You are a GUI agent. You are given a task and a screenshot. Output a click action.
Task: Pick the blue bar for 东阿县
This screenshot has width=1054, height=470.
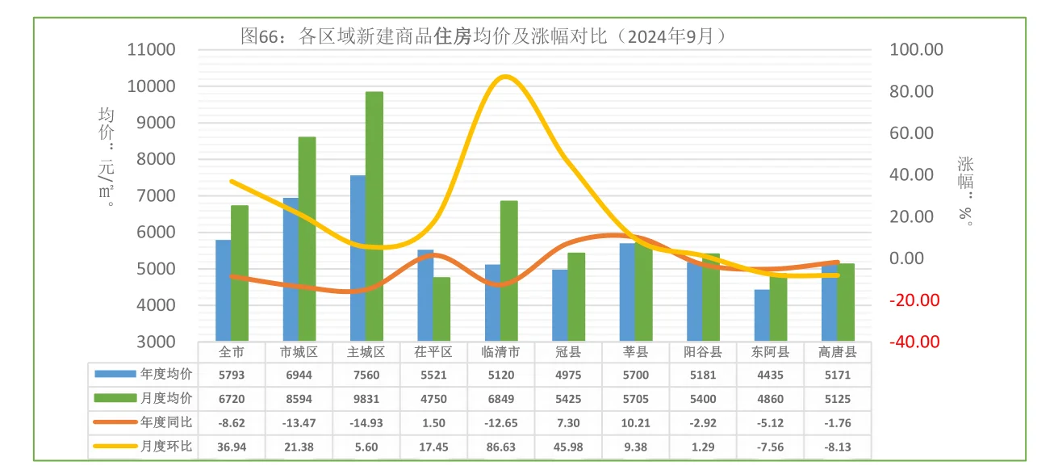click(762, 315)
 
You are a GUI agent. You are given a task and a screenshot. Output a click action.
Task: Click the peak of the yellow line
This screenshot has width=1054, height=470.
click(505, 78)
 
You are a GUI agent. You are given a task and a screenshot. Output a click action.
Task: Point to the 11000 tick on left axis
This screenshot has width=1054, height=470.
click(152, 50)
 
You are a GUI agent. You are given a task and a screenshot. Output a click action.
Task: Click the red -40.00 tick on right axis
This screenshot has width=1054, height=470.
click(914, 342)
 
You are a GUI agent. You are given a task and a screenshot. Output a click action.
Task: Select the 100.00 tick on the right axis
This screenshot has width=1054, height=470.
click(916, 50)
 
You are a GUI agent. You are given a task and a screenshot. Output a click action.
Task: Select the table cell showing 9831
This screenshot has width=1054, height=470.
click(366, 398)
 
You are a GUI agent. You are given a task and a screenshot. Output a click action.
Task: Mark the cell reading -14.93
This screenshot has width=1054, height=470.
click(366, 422)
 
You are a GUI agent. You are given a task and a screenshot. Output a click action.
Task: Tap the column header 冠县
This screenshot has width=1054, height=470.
click(568, 352)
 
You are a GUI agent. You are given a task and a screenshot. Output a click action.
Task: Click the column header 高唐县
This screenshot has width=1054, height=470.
click(837, 352)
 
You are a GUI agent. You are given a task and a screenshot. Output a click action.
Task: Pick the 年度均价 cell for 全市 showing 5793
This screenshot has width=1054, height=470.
click(232, 374)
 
